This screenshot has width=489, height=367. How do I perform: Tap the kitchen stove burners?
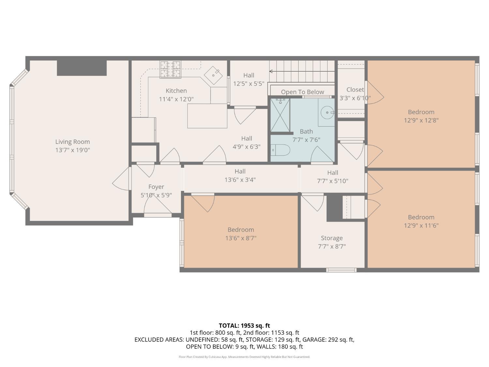pos(170,69)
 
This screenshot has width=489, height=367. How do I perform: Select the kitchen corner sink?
pos(213,75)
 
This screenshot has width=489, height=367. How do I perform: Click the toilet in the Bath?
pos(280,150)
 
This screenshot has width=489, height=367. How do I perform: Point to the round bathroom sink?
pos(327,113)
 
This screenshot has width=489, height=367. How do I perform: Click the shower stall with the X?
pos(280,115)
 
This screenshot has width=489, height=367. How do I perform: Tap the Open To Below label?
pos(302,92)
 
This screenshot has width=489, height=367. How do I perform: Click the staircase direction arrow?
pos(302,71)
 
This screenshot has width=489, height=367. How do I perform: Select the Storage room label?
pos(332,238)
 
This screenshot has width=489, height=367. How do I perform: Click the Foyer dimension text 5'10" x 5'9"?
pos(156,195)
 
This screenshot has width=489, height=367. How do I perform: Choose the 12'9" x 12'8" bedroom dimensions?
pos(421,120)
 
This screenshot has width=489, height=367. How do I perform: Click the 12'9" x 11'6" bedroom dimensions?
pos(421,225)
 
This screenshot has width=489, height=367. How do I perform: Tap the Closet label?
pos(355,90)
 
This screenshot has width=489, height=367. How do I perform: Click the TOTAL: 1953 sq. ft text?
pos(244,326)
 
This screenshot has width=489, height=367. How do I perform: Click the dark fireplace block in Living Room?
pos(82,68)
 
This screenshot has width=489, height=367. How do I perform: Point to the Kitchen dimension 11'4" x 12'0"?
pos(176,99)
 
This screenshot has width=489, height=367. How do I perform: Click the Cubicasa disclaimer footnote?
pos(244,357)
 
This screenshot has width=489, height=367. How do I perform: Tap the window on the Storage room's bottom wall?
pos(341,270)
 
